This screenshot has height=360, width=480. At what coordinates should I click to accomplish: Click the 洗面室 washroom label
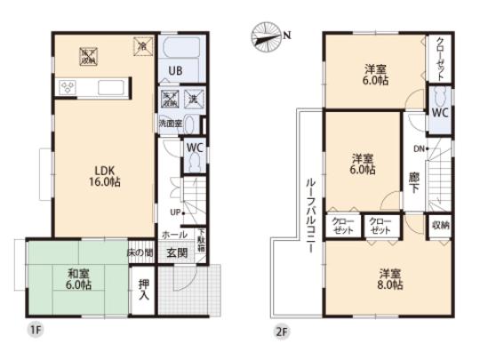click(170, 123)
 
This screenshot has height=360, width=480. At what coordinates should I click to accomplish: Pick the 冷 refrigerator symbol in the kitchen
click(141, 43)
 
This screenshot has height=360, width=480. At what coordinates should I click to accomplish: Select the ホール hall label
click(174, 234)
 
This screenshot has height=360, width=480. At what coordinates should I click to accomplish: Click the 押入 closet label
click(143, 292)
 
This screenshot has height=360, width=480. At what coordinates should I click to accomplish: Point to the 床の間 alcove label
click(142, 252)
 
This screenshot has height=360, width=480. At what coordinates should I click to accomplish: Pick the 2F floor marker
click(282, 331)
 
